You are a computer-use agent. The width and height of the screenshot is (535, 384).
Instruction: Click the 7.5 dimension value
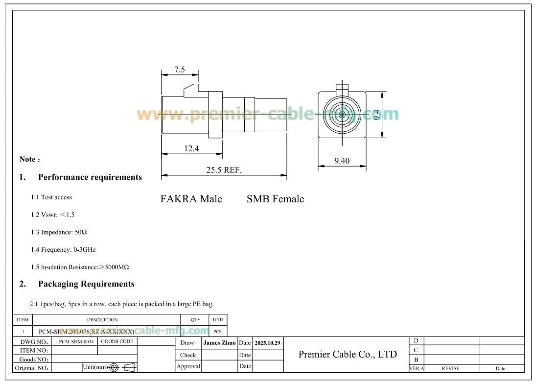tap(180, 70)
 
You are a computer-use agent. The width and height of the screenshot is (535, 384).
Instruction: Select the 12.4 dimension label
tap(191, 148)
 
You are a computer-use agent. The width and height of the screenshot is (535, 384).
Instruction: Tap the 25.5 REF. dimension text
tap(224, 170)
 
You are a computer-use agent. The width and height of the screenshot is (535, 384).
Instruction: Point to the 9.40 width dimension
tap(342, 161)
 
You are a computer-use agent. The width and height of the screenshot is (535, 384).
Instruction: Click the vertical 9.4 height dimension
tap(376, 115)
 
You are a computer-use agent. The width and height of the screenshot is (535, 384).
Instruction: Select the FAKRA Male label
tap(191, 199)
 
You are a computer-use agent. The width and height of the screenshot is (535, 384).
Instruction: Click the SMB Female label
tap(275, 199)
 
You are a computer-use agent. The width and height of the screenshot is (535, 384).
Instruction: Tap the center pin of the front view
tap(341, 115)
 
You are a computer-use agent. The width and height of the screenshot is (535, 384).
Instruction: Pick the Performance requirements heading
tap(90, 177)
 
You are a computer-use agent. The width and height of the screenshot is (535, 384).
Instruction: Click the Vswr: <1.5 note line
tap(53, 215)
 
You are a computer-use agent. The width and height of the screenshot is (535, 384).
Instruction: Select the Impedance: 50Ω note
tap(59, 232)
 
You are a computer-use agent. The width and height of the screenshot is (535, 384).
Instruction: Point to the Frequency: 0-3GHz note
tap(63, 250)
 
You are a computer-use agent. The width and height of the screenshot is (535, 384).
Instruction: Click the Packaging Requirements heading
tap(86, 284)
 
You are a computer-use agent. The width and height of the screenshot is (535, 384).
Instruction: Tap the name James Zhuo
tap(219, 343)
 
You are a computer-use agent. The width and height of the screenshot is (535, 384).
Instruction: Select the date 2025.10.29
tap(267, 343)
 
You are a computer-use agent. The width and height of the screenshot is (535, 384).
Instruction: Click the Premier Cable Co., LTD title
tap(348, 354)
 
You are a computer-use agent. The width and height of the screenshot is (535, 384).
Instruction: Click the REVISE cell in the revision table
tap(450, 368)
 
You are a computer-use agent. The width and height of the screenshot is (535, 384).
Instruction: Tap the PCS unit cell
tap(218, 332)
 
